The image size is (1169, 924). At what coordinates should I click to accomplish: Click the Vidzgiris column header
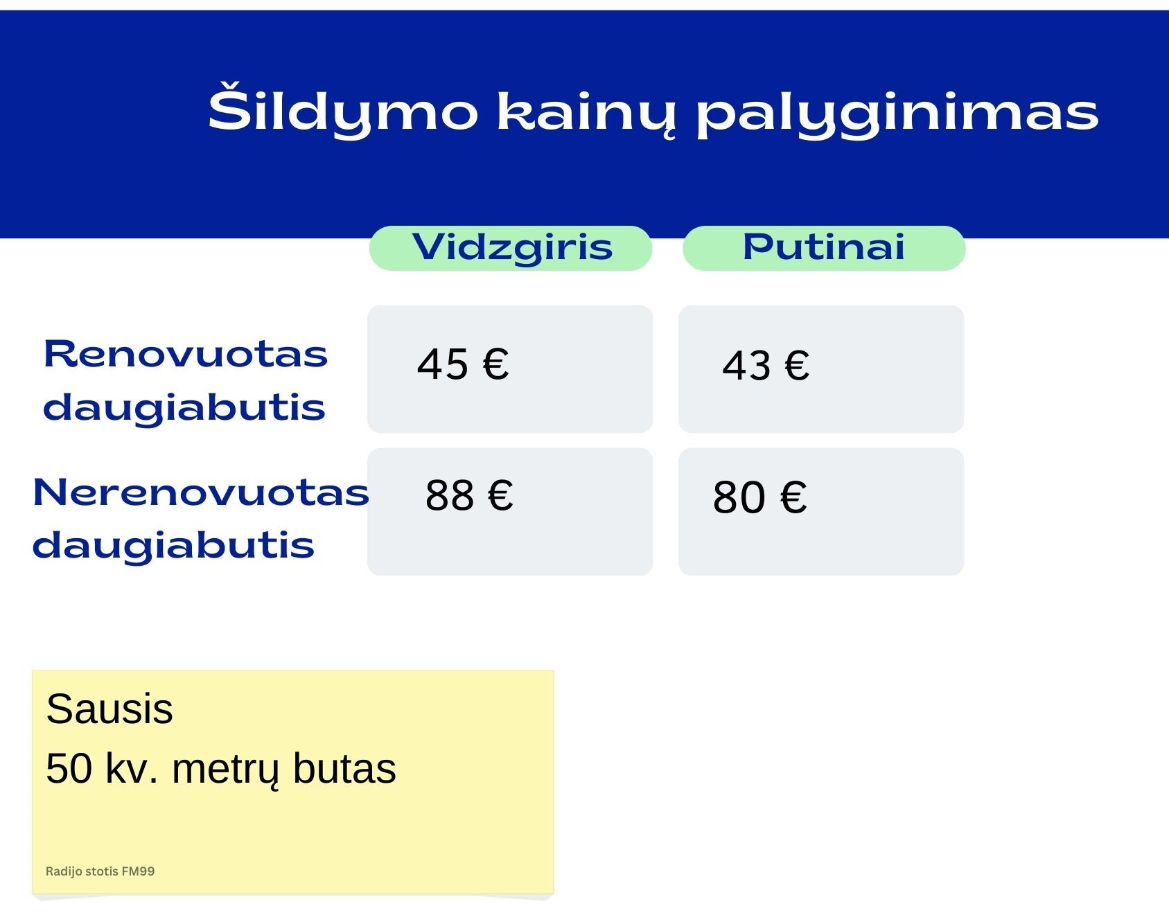(x=512, y=248)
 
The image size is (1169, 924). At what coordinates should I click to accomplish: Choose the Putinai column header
(x=824, y=247)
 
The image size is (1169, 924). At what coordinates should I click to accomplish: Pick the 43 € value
(x=766, y=366)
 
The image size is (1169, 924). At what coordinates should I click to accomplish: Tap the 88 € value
(x=469, y=495)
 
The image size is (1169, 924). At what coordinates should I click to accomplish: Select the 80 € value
(x=759, y=497)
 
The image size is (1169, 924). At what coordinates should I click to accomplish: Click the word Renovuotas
(x=186, y=354)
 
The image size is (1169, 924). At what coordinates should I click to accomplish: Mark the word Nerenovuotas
(x=201, y=492)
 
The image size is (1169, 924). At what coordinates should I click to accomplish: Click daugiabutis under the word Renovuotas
(x=184, y=407)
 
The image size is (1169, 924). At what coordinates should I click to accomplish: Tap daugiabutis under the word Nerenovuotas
(x=174, y=545)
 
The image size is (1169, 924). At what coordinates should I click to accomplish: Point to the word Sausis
(x=109, y=709)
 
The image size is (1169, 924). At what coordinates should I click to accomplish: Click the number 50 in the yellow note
(x=69, y=769)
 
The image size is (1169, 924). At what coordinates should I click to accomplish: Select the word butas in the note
(x=344, y=768)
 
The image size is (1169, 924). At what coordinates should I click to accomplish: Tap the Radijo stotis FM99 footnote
(x=100, y=871)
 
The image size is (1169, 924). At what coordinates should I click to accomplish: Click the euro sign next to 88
(x=500, y=495)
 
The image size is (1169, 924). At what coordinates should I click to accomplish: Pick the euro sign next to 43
(x=797, y=366)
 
